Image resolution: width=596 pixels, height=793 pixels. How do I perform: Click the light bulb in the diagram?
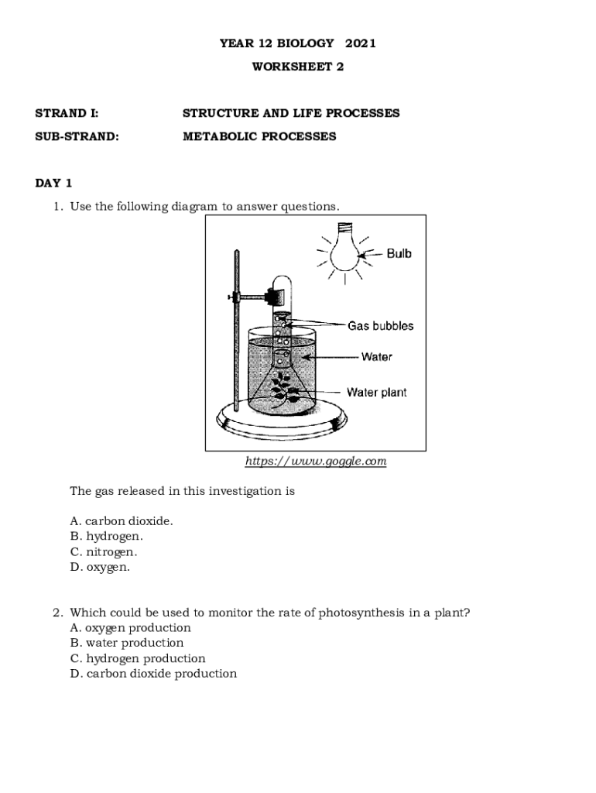[x=344, y=248]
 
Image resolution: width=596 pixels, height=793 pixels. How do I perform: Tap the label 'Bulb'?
[x=399, y=253]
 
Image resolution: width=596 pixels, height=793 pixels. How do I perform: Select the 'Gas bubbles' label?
[x=380, y=326]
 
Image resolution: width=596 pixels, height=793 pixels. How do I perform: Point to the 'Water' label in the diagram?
[x=376, y=357]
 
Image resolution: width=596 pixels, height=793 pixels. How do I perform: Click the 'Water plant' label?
[x=376, y=393]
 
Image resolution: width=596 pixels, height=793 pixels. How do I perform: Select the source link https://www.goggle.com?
[x=315, y=462]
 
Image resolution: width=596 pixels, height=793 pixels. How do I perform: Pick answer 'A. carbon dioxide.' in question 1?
[x=122, y=521]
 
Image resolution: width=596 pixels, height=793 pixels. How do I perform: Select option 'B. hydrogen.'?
[x=107, y=537]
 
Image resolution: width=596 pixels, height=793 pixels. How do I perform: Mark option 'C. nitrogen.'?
[x=104, y=552]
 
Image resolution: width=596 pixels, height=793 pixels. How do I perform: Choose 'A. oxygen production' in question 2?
[x=130, y=628]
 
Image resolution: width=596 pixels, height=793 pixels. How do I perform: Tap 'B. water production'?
[x=127, y=643]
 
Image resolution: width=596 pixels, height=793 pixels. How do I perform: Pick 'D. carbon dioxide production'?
[x=153, y=674]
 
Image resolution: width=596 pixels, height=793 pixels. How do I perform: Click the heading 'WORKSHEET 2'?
[x=298, y=67]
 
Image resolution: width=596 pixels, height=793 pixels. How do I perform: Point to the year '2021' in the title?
[x=361, y=43]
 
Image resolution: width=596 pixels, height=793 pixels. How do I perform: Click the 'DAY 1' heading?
[x=53, y=184]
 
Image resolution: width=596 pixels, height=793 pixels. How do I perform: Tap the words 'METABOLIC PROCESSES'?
[x=259, y=136]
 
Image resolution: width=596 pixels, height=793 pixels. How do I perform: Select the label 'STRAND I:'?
[x=67, y=113]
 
